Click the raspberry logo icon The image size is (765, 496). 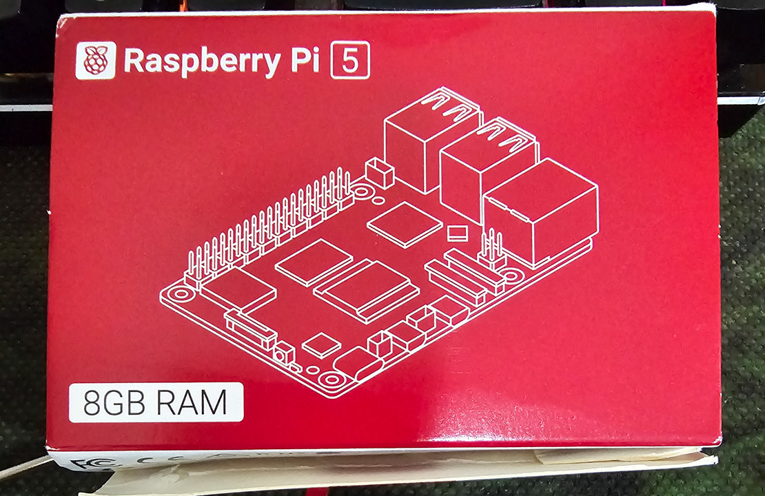click(x=96, y=60)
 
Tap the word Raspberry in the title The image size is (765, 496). click(x=203, y=61)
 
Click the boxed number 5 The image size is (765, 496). click(x=350, y=61)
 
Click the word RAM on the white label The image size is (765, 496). click(x=191, y=403)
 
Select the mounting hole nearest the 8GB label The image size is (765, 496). click(x=181, y=294)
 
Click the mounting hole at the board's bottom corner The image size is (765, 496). click(x=331, y=379)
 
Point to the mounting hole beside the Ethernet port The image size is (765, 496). click(x=511, y=276)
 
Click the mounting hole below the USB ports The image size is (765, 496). click(x=362, y=192)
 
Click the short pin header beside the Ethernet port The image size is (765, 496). click(x=491, y=249)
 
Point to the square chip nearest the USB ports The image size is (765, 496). click(x=405, y=225)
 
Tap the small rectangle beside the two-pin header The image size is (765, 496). click(x=457, y=233)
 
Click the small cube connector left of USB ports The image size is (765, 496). click(x=380, y=173)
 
